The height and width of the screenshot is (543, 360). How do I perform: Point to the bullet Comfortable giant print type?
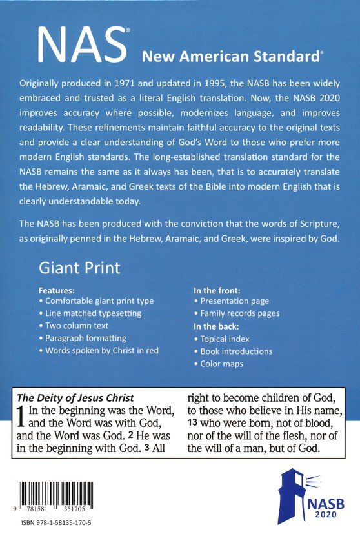pyautogui.click(x=95, y=301)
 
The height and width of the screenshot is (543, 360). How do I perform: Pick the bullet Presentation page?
pyautogui.click(x=234, y=301)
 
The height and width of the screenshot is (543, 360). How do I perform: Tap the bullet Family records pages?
pyautogui.click(x=239, y=313)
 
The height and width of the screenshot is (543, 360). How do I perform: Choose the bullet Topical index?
pyautogui.click(x=224, y=339)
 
